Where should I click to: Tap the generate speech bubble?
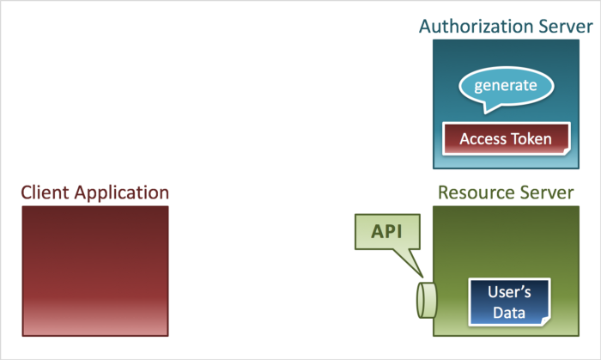click(x=506, y=86)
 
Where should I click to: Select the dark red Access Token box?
click(x=506, y=138)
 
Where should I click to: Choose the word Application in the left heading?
click(x=121, y=192)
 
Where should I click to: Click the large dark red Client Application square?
click(x=95, y=270)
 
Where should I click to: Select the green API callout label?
click(x=386, y=232)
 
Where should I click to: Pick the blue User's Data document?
click(x=507, y=301)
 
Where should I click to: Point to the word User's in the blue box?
click(x=507, y=291)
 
